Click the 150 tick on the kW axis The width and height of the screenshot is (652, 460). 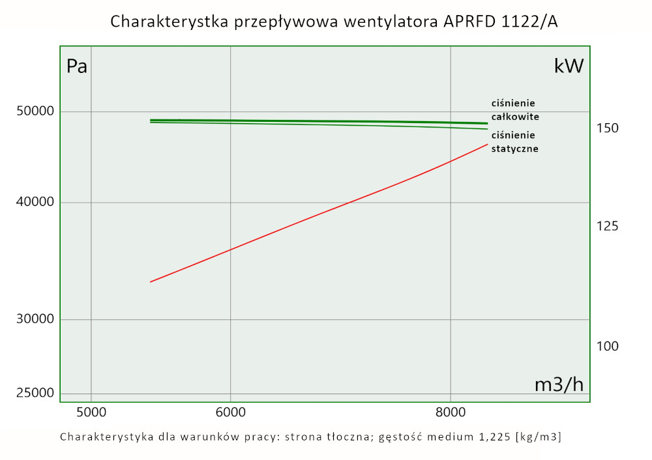coord(606,128)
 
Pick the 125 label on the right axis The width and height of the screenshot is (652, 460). coord(606,226)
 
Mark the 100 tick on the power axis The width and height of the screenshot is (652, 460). coord(606,346)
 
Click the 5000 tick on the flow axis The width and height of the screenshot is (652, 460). coord(91,412)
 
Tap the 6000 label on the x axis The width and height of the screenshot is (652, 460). coord(230,412)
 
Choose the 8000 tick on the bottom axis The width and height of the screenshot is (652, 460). coord(451,412)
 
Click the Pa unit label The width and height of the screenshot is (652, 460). coord(77,66)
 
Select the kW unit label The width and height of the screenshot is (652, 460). coord(569,66)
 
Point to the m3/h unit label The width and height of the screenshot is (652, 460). coord(559,385)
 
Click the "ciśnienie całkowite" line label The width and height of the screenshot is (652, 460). coord(514,109)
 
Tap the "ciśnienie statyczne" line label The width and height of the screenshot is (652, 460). coord(514,142)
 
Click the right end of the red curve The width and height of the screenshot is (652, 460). coord(487,145)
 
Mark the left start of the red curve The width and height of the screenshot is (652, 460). coord(151,281)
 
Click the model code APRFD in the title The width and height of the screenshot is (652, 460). coord(469,22)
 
